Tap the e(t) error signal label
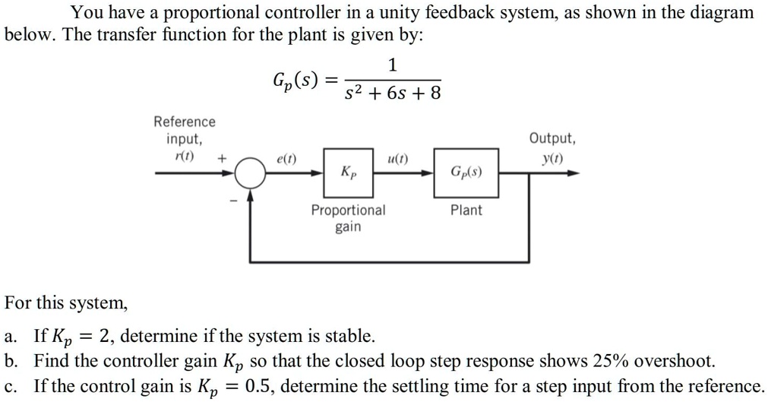click(287, 160)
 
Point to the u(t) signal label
click(397, 160)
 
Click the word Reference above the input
click(185, 122)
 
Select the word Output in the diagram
click(552, 139)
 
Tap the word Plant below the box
click(466, 210)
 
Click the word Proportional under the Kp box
click(348, 210)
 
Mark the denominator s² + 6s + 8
click(391, 93)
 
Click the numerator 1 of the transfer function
click(392, 65)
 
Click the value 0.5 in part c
click(258, 385)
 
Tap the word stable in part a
click(350, 335)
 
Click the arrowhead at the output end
click(574, 173)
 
